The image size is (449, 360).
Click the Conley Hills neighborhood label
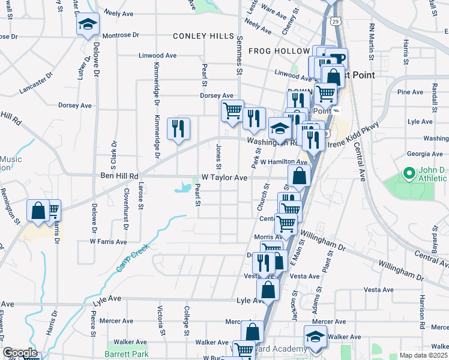tap(203, 37)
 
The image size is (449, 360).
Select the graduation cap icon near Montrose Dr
tap(88, 26)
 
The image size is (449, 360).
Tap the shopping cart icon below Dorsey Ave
tap(232, 111)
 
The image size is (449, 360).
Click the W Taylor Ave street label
tap(224, 178)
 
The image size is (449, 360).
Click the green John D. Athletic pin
tap(409, 175)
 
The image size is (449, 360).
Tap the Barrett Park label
tap(127, 354)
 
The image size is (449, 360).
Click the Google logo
tap(20, 353)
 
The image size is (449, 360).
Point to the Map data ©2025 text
tap(423, 355)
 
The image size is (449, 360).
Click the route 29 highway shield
tap(337, 21)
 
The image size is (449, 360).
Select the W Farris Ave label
tap(108, 242)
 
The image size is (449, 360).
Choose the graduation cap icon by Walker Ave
tap(315, 337)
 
